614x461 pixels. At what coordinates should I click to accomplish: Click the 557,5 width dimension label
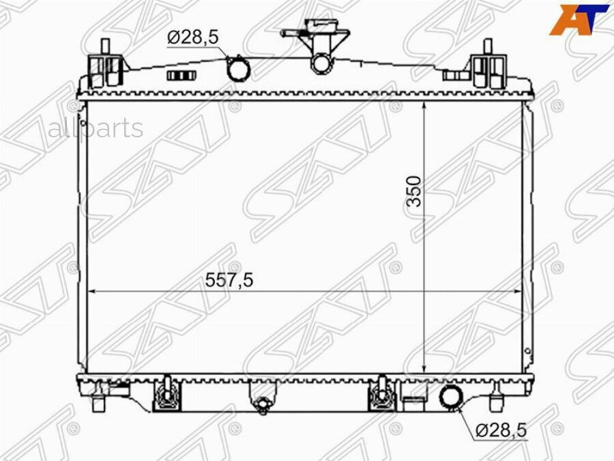[x=229, y=280]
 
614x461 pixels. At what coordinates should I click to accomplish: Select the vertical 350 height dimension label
[x=414, y=191]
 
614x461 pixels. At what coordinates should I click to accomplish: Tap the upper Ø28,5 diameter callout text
[x=192, y=38]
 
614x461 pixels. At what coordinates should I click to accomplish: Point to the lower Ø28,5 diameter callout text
[x=501, y=430]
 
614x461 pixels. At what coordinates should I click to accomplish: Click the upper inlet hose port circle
[x=239, y=70]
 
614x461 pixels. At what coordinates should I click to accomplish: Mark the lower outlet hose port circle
[x=452, y=396]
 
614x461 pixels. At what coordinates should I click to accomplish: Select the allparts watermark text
[x=96, y=128]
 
